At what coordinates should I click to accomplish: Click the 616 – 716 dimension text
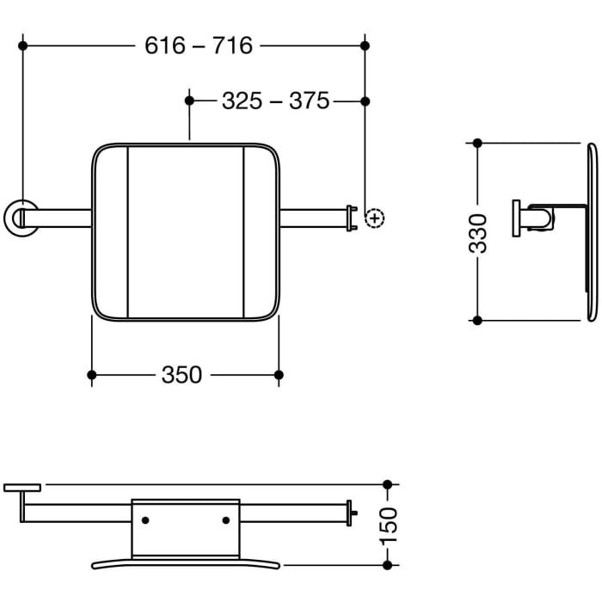tap(199, 46)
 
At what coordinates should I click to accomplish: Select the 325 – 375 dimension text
tap(275, 101)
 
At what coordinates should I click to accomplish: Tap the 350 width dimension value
tap(181, 375)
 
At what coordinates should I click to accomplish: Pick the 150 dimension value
tap(388, 524)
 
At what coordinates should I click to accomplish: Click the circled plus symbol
tap(374, 218)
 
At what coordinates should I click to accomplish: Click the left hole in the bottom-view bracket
tap(144, 520)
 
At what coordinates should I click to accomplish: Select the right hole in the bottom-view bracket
tap(226, 520)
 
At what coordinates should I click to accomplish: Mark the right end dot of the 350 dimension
tap(278, 374)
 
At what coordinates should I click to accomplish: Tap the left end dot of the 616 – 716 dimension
tap(24, 45)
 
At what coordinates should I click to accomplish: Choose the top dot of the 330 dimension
tap(478, 144)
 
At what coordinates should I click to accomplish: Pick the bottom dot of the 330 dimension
tap(478, 320)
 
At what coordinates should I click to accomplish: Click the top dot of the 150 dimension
tap(387, 485)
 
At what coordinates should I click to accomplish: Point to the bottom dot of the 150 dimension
tap(387, 564)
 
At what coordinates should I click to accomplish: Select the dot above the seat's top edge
tap(188, 101)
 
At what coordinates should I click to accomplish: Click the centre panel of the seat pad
tap(185, 232)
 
